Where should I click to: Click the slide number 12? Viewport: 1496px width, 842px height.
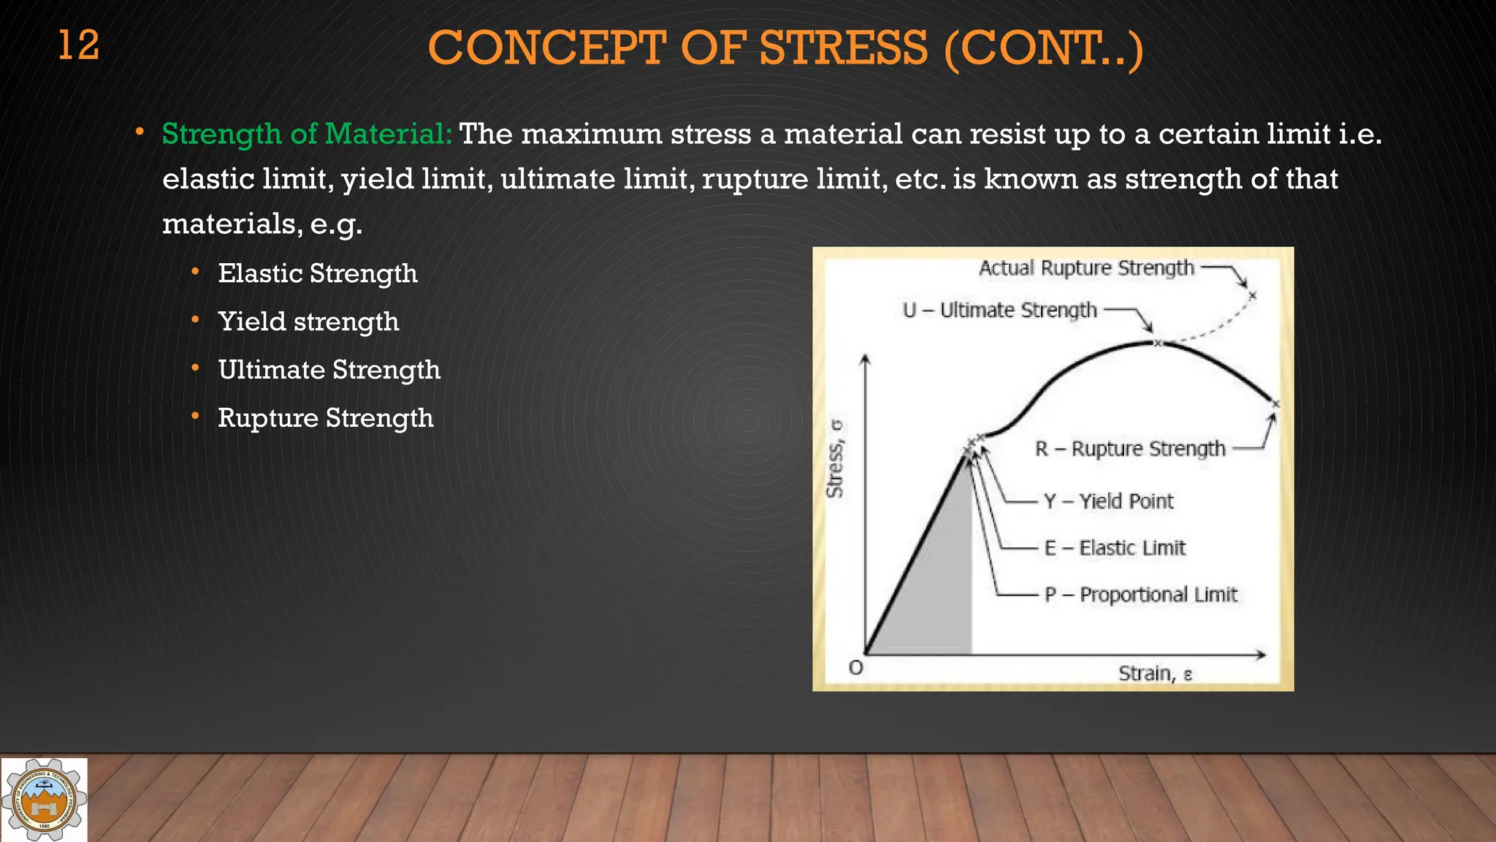pos(78,45)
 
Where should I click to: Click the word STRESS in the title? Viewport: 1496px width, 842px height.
pos(843,48)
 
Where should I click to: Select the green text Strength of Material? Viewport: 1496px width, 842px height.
pos(307,134)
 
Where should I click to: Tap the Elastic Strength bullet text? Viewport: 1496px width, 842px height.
pos(318,273)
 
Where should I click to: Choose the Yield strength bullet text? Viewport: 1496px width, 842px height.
pos(308,322)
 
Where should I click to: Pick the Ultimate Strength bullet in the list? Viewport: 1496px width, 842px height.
pos(329,370)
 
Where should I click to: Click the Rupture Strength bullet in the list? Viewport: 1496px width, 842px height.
pos(325,418)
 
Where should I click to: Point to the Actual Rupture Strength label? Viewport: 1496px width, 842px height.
pos(1086,268)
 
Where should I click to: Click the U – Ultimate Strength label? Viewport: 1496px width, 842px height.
pos(1000,311)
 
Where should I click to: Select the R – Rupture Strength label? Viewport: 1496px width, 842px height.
pos(1130,449)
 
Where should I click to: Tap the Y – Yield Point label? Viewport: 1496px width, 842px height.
pos(1108,501)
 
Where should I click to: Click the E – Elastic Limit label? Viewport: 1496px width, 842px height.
pos(1115,548)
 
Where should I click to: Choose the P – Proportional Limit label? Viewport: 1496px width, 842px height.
pos(1141,595)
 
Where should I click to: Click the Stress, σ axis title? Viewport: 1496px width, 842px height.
pos(835,459)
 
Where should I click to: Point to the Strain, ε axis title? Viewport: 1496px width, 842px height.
pos(1155,673)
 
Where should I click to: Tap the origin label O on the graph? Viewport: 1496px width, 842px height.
pos(855,667)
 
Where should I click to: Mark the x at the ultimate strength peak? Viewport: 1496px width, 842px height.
pos(1157,343)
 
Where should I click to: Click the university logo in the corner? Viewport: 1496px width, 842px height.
pos(44,800)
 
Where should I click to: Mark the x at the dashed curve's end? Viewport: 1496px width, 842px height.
pos(1252,296)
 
